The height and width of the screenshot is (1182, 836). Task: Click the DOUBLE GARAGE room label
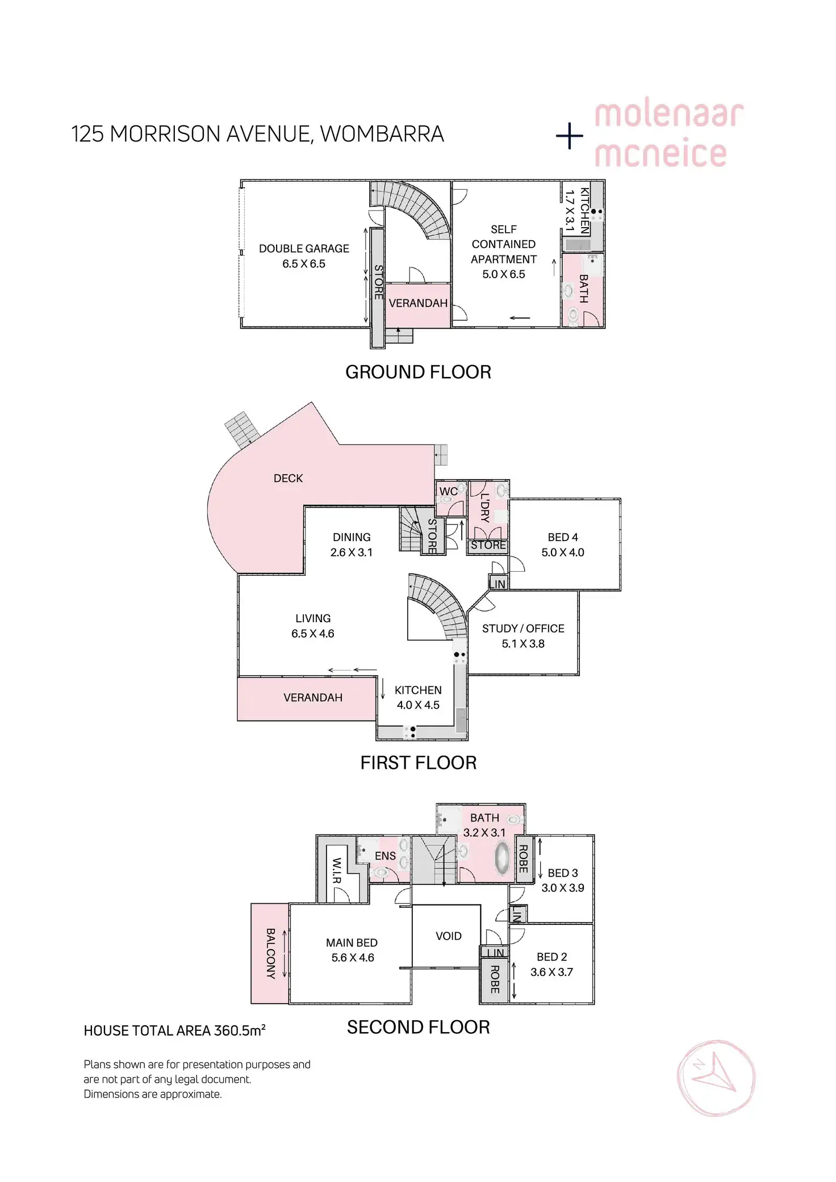pos(304,249)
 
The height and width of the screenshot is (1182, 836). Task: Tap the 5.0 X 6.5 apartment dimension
pos(504,274)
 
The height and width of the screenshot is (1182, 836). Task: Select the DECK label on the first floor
pos(288,479)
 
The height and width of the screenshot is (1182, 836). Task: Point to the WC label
pos(448,492)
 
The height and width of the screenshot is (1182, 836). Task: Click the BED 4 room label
pos(563,537)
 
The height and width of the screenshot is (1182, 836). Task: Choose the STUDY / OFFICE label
pos(523,628)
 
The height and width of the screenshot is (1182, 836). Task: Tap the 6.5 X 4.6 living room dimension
pos(313,634)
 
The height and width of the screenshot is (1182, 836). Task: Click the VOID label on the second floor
pos(449,936)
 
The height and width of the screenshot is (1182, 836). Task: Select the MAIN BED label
pos(352,943)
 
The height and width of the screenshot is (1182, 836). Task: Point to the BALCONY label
pos(271,953)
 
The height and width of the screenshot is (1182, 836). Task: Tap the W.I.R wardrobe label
pos(337,870)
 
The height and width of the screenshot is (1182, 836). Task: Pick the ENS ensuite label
pos(385,856)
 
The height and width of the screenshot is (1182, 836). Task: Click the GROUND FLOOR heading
pos(418,372)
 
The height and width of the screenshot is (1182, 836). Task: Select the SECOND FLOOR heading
pos(418,1027)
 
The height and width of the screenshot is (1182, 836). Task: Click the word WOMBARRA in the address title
pos(382,134)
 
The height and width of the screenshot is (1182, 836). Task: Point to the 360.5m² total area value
pos(240,1030)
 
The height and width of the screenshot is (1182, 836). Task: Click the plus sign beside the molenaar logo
pos(570,136)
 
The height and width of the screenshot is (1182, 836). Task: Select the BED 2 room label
pos(551,957)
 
